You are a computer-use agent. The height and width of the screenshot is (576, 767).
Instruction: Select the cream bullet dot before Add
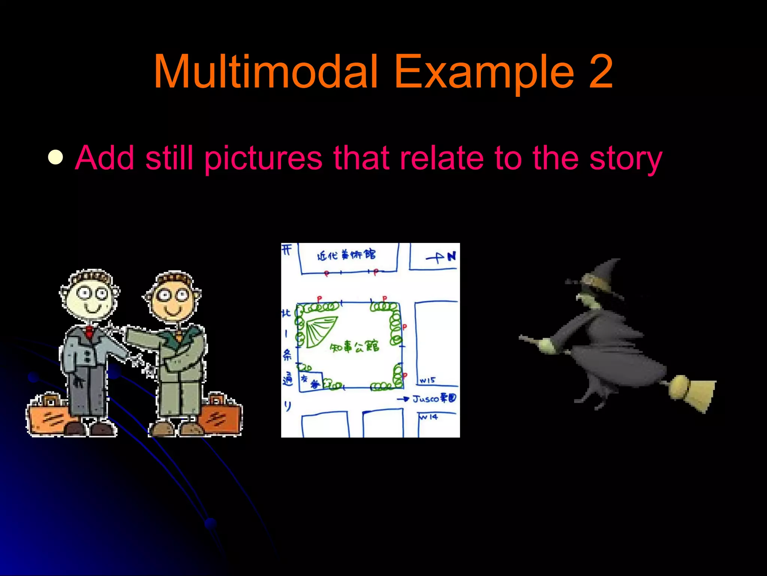(x=56, y=157)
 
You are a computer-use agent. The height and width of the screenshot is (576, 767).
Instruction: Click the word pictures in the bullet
(x=263, y=159)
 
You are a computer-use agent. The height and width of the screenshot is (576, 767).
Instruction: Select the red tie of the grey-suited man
(x=89, y=332)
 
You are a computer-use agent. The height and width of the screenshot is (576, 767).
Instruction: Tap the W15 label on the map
(x=427, y=380)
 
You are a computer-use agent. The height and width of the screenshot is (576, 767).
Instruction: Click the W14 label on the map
(x=429, y=417)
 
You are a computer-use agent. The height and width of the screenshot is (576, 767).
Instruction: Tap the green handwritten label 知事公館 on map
(x=354, y=347)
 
